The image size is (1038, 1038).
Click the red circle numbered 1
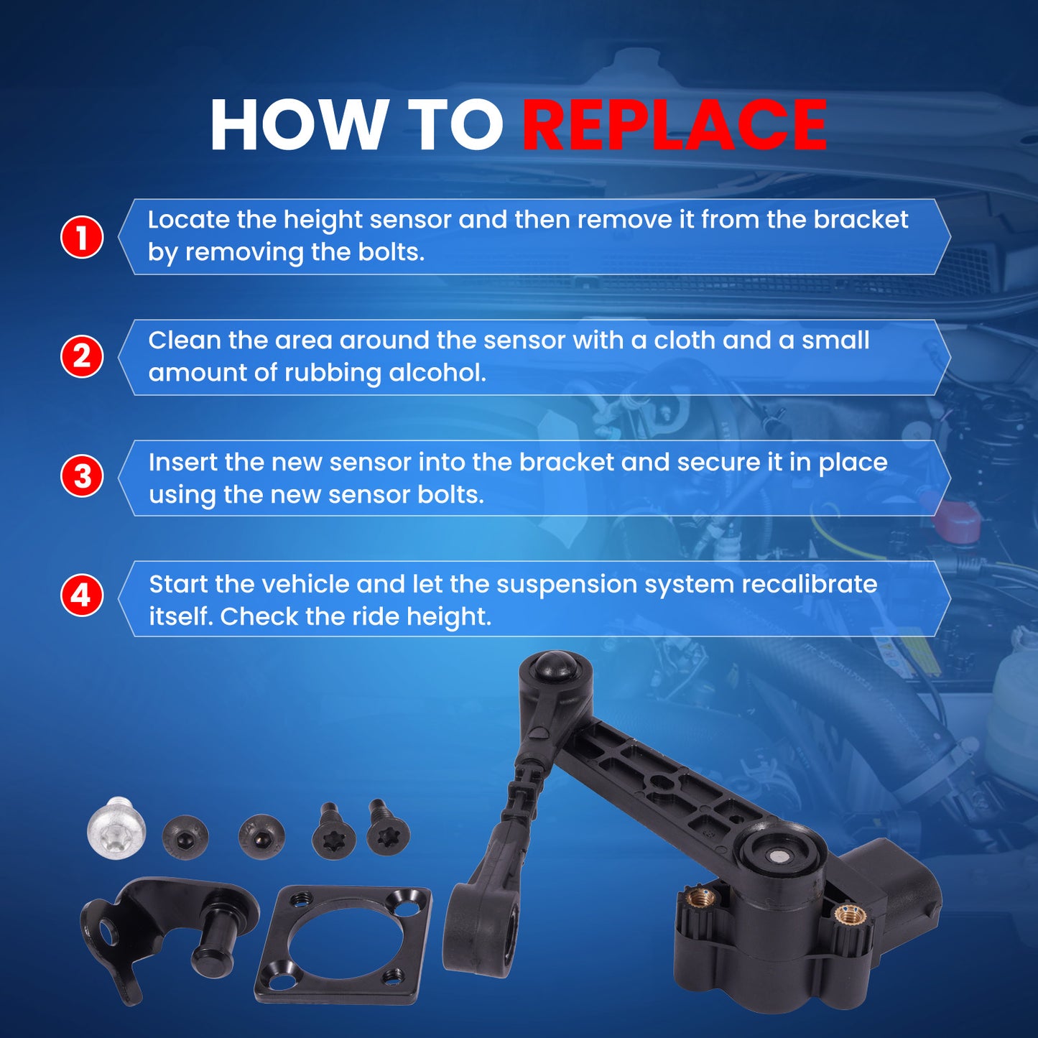(82, 237)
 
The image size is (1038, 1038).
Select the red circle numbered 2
(82, 356)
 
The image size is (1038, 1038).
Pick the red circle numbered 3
(82, 477)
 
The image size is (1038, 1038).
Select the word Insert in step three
(182, 462)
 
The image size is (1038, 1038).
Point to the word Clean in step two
(184, 340)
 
